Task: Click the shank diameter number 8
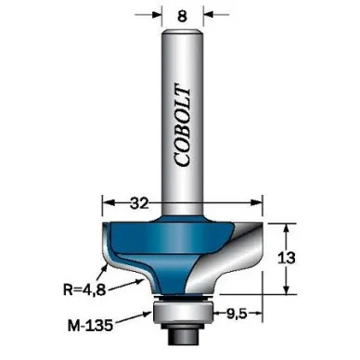click(183, 16)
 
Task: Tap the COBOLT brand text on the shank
click(182, 125)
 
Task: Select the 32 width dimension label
click(139, 203)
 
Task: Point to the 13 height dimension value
click(287, 258)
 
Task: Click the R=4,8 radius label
click(84, 289)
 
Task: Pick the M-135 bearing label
click(90, 326)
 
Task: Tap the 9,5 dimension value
click(237, 314)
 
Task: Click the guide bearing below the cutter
click(183, 312)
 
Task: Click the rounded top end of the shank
click(183, 32)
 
